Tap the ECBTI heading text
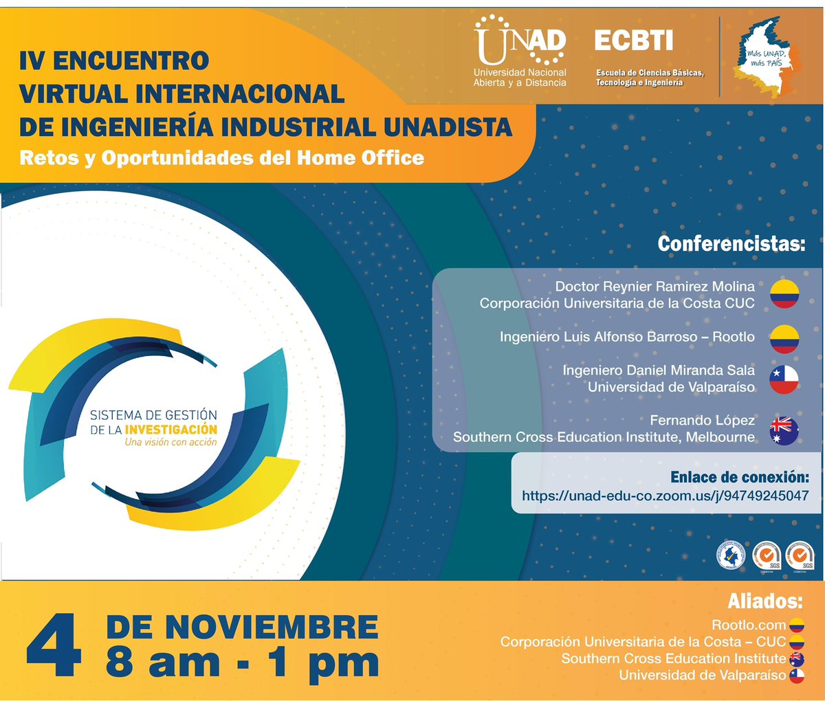(633, 41)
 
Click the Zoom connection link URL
(665, 496)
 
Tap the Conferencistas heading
(731, 244)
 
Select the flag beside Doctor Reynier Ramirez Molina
(784, 294)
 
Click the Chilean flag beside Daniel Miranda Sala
(784, 379)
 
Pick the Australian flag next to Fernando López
(784, 430)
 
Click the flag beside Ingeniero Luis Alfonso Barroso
(784, 337)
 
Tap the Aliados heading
(764, 602)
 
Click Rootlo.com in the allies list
(749, 625)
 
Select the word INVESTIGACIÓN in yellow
(170, 430)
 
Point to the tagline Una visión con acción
(170, 443)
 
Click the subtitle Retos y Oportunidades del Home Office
(221, 158)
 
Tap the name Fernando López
(702, 420)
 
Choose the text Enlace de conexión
(739, 478)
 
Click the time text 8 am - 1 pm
(242, 663)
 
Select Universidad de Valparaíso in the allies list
(702, 676)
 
